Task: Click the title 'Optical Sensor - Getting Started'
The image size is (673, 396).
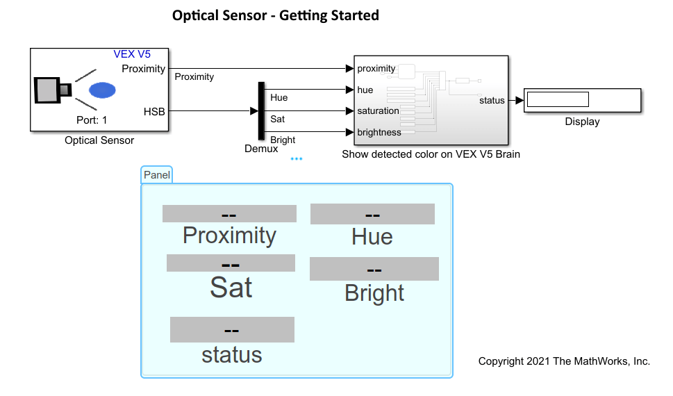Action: [x=276, y=15]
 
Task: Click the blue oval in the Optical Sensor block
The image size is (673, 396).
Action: [x=102, y=90]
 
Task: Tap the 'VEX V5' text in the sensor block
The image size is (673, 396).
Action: [x=132, y=54]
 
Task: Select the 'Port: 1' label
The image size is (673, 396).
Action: [x=92, y=119]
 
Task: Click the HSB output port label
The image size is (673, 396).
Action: [x=154, y=110]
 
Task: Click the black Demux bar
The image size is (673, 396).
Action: [x=261, y=110]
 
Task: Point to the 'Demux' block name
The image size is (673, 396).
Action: [x=261, y=149]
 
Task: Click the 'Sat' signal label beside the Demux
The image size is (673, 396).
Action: [x=278, y=119]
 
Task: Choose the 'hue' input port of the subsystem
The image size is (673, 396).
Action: [x=365, y=90]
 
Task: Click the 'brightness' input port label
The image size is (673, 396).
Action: [x=379, y=132]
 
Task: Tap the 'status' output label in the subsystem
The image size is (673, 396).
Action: [x=492, y=100]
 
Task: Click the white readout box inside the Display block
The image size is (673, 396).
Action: [x=558, y=99]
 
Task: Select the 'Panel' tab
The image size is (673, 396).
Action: [x=156, y=175]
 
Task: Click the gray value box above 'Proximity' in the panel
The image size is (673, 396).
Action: [x=229, y=214]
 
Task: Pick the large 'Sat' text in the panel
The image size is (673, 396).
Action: [x=231, y=287]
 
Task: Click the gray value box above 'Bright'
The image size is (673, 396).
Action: [x=374, y=269]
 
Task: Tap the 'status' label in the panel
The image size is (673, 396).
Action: [x=232, y=355]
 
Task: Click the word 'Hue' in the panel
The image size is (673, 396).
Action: [x=372, y=237]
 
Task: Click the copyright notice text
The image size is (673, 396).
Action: [x=564, y=361]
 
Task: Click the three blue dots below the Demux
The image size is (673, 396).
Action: [x=297, y=159]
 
